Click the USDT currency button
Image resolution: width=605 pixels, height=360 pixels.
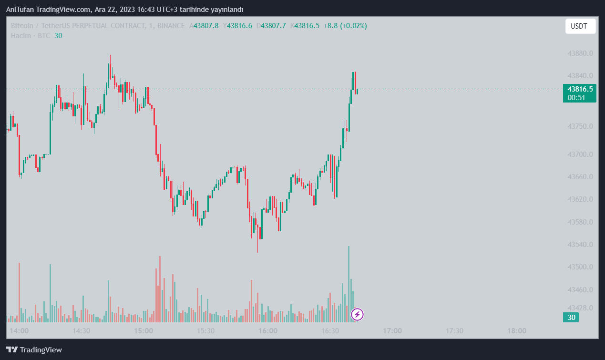pos(580,26)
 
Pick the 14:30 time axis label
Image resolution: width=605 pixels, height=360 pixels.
pos(81,331)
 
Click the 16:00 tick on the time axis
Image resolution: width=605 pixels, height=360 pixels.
pos(267,331)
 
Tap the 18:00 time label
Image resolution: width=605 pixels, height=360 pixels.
pos(516,331)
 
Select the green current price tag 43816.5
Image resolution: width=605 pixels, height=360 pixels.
pos(580,89)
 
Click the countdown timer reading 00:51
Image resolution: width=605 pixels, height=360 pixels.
pos(576,98)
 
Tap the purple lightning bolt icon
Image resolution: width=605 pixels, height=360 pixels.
pos(357,315)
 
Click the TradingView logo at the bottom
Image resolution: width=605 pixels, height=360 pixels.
pos(34,350)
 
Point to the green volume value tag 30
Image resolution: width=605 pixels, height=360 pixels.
pos(571,318)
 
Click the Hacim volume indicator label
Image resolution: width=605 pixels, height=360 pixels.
pos(21,36)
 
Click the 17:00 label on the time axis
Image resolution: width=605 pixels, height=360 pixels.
pos(392,331)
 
